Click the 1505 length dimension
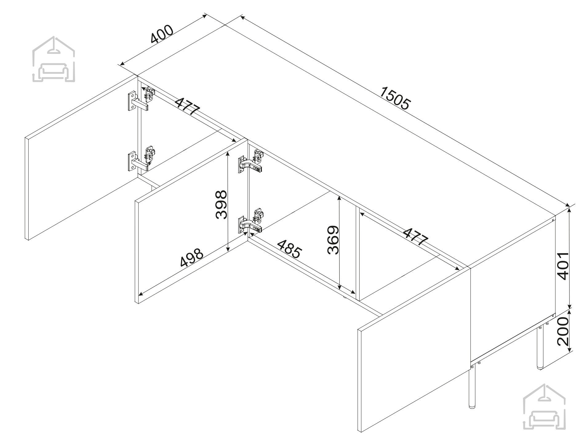(395, 98)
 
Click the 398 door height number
(221, 205)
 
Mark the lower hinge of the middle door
(251, 222)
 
